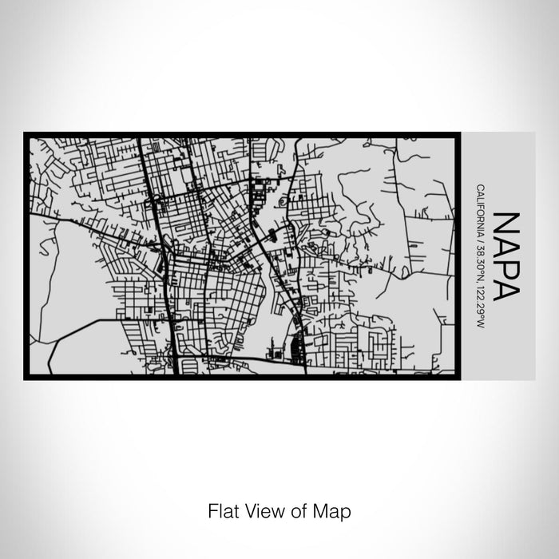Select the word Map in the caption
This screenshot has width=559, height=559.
coord(333,509)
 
